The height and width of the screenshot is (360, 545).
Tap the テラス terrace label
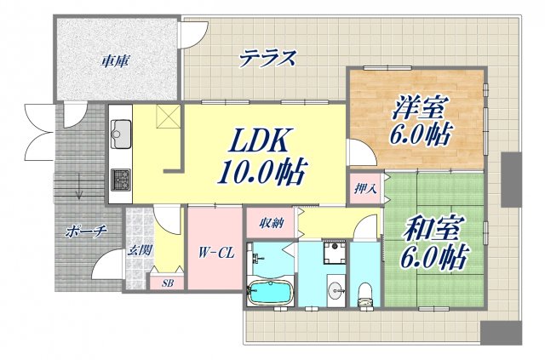tap(267, 59)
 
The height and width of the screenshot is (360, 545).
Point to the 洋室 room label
tap(419, 109)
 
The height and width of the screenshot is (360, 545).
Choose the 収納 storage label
tap(271, 223)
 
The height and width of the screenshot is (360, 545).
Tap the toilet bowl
tap(366, 292)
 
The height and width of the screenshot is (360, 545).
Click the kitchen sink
tap(120, 134)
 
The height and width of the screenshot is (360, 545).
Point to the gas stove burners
tap(120, 180)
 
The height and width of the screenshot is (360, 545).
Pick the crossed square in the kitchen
tap(167, 119)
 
